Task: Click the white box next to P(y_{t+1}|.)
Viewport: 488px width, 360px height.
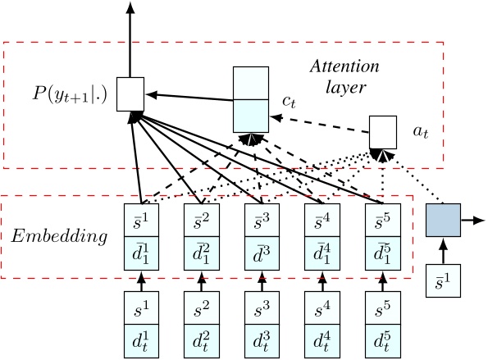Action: pyautogui.click(x=130, y=93)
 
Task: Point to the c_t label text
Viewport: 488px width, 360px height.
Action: pyautogui.click(x=288, y=101)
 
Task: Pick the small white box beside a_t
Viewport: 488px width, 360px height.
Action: pyautogui.click(x=383, y=130)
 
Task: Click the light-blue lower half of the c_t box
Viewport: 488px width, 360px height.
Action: pyautogui.click(x=251, y=114)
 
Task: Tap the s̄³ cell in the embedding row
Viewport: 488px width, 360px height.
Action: pyautogui.click(x=262, y=219)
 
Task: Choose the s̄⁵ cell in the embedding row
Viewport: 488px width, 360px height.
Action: pyautogui.click(x=382, y=219)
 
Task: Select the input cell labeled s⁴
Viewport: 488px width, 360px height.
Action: pyautogui.click(x=322, y=309)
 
